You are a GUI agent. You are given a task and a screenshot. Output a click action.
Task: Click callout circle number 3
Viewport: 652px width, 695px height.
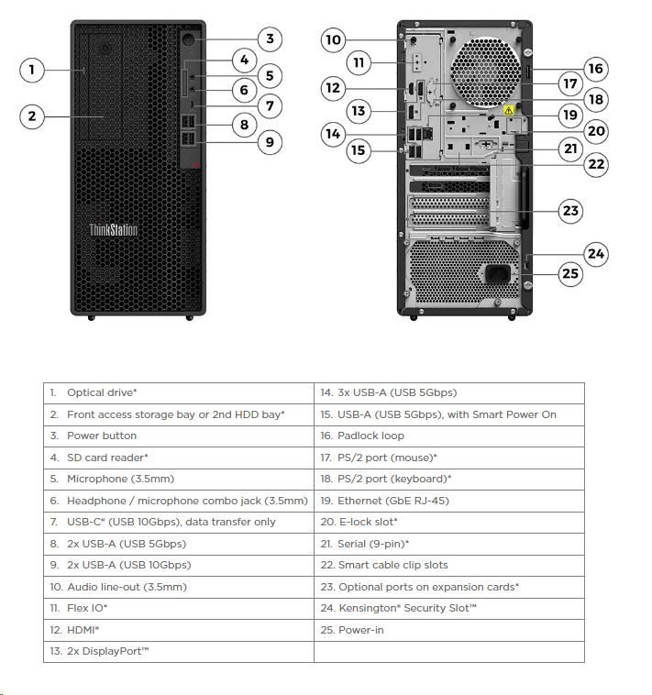tap(269, 39)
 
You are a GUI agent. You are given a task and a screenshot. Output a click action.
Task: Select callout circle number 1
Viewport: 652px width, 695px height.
tap(32, 69)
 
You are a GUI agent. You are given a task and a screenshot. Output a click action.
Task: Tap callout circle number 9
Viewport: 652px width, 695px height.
tap(269, 141)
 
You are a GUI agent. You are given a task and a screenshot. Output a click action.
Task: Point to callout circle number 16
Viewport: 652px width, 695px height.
tap(596, 69)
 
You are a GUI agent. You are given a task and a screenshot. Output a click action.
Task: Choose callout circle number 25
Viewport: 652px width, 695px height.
tap(571, 273)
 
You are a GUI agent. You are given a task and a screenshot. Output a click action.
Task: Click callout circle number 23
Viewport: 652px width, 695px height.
tap(571, 211)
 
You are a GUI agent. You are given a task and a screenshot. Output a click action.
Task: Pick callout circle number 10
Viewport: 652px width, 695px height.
tap(333, 39)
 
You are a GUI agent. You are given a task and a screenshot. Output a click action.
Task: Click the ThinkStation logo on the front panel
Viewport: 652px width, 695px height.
tap(114, 229)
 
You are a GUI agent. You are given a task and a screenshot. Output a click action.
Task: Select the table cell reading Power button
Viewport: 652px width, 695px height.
tap(179, 436)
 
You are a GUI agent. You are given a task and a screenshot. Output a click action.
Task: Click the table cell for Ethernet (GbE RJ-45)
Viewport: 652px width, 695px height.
tap(448, 501)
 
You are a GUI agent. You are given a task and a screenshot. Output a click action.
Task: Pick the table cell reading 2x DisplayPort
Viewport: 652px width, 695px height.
tap(179, 651)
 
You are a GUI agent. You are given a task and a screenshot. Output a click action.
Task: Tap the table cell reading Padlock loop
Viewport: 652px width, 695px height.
tap(448, 436)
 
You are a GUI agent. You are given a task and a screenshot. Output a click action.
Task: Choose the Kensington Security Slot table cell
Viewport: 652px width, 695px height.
tap(448, 608)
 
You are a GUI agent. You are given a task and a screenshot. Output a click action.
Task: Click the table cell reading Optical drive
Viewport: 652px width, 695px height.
tap(179, 392)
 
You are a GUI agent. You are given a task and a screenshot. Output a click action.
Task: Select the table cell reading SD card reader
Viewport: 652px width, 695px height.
tap(179, 457)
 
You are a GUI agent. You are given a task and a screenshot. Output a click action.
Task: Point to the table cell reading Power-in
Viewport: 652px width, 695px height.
tap(448, 630)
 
